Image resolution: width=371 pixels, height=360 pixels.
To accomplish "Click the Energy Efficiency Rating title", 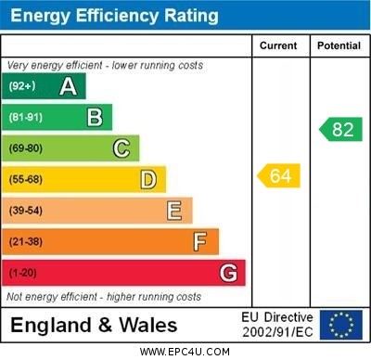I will click(x=114, y=16).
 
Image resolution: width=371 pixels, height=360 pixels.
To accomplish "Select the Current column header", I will click(x=278, y=45).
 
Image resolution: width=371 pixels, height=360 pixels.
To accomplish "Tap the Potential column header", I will click(x=339, y=45).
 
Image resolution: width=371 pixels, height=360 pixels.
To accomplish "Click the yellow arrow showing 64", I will click(x=279, y=175).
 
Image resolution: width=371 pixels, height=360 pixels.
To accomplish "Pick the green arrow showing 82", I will click(x=340, y=129).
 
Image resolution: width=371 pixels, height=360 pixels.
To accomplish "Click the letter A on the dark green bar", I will click(x=68, y=86).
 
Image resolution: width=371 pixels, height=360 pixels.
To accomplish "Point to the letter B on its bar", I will click(x=95, y=117).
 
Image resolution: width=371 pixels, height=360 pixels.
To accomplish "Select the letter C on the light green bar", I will click(x=122, y=148).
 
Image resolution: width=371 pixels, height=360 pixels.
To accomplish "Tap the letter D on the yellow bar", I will click(x=148, y=179).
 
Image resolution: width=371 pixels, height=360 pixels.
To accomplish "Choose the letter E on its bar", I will click(x=174, y=211).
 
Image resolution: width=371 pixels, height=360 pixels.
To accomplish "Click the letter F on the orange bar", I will click(x=200, y=242).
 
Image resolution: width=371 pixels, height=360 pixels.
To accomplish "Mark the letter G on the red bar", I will click(x=228, y=274).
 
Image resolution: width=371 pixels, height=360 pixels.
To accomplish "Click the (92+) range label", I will click(x=22, y=86).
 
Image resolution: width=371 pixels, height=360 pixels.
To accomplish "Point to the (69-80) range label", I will click(x=26, y=148).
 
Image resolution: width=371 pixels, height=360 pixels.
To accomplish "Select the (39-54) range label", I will click(x=26, y=211).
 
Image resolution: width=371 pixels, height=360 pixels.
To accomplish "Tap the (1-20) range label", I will click(x=23, y=274).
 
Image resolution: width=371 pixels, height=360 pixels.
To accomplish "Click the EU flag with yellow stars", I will click(x=341, y=324).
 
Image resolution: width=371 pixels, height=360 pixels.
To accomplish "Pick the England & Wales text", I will click(x=94, y=325).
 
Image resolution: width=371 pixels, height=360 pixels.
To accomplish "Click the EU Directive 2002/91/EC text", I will click(x=277, y=324).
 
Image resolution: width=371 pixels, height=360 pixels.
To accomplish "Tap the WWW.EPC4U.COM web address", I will click(x=185, y=352).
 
